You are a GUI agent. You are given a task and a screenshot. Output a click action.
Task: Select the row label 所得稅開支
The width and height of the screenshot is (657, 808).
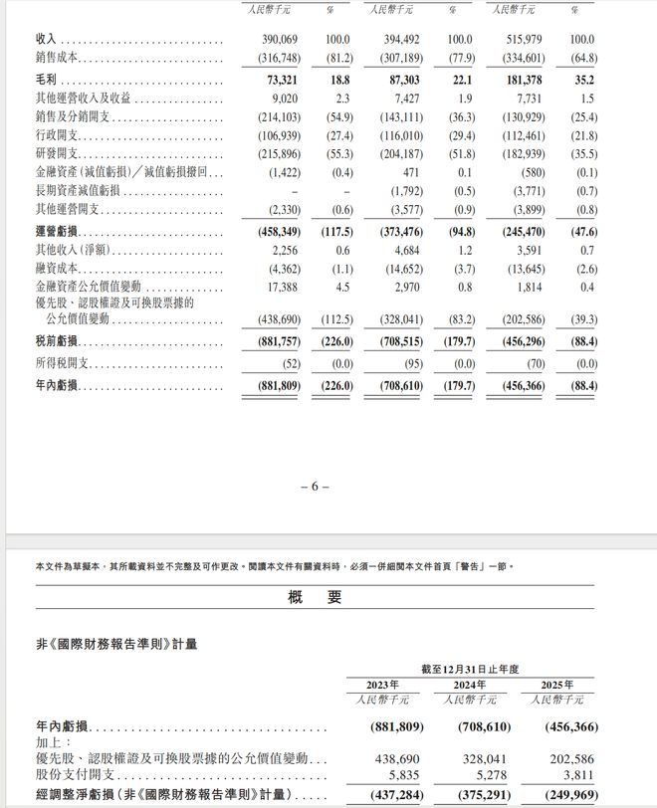pos(63,365)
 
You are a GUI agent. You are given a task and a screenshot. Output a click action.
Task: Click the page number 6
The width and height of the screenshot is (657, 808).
pos(314,487)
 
